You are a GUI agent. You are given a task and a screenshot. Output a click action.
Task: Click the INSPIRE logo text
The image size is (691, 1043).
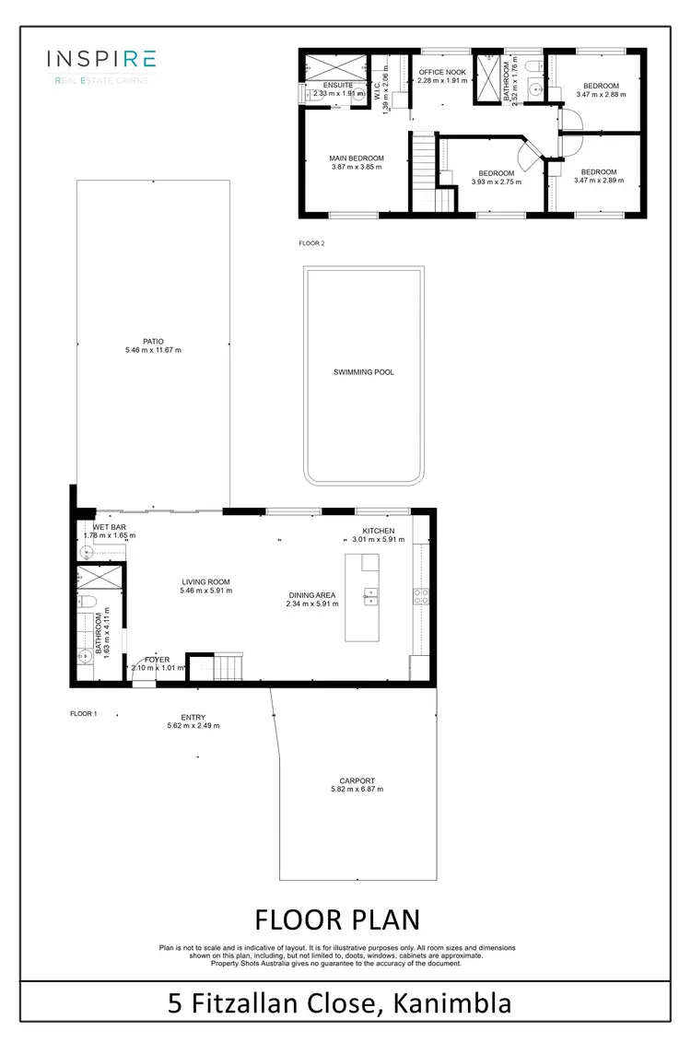tap(101, 60)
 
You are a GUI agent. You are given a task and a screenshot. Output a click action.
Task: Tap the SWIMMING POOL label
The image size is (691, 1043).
tap(363, 372)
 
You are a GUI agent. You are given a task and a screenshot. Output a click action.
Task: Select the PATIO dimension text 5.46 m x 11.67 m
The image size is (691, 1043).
tap(153, 351)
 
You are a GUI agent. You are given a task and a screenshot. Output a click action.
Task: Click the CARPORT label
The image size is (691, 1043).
tap(356, 780)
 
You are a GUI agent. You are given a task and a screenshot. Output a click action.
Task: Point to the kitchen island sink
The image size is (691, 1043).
tap(372, 596)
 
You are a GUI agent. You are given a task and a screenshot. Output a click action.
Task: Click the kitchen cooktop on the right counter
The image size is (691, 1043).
tap(419, 596)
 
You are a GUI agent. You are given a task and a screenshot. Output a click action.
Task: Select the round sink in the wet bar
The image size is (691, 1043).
tap(88, 552)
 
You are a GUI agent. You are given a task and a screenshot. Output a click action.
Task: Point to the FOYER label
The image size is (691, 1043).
tap(158, 659)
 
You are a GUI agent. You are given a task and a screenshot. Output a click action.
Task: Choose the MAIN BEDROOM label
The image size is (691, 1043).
tap(357, 158)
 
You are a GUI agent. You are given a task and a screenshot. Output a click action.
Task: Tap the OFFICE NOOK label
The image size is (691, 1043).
tap(444, 71)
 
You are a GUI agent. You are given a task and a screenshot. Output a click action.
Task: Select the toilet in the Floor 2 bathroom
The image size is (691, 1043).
tap(533, 65)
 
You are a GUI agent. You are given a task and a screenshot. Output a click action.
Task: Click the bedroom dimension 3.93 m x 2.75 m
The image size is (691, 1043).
tap(496, 182)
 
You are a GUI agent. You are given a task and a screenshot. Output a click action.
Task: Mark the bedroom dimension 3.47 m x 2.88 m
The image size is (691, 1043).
tap(600, 94)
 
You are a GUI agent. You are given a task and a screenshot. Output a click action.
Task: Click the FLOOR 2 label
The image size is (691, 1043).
tap(311, 244)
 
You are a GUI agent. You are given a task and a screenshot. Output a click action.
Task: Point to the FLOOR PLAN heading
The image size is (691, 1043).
tap(336, 920)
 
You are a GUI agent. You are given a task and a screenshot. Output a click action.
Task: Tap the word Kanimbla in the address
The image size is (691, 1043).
tap(451, 1002)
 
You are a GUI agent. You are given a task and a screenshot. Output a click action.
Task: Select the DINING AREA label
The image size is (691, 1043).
tap(312, 594)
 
